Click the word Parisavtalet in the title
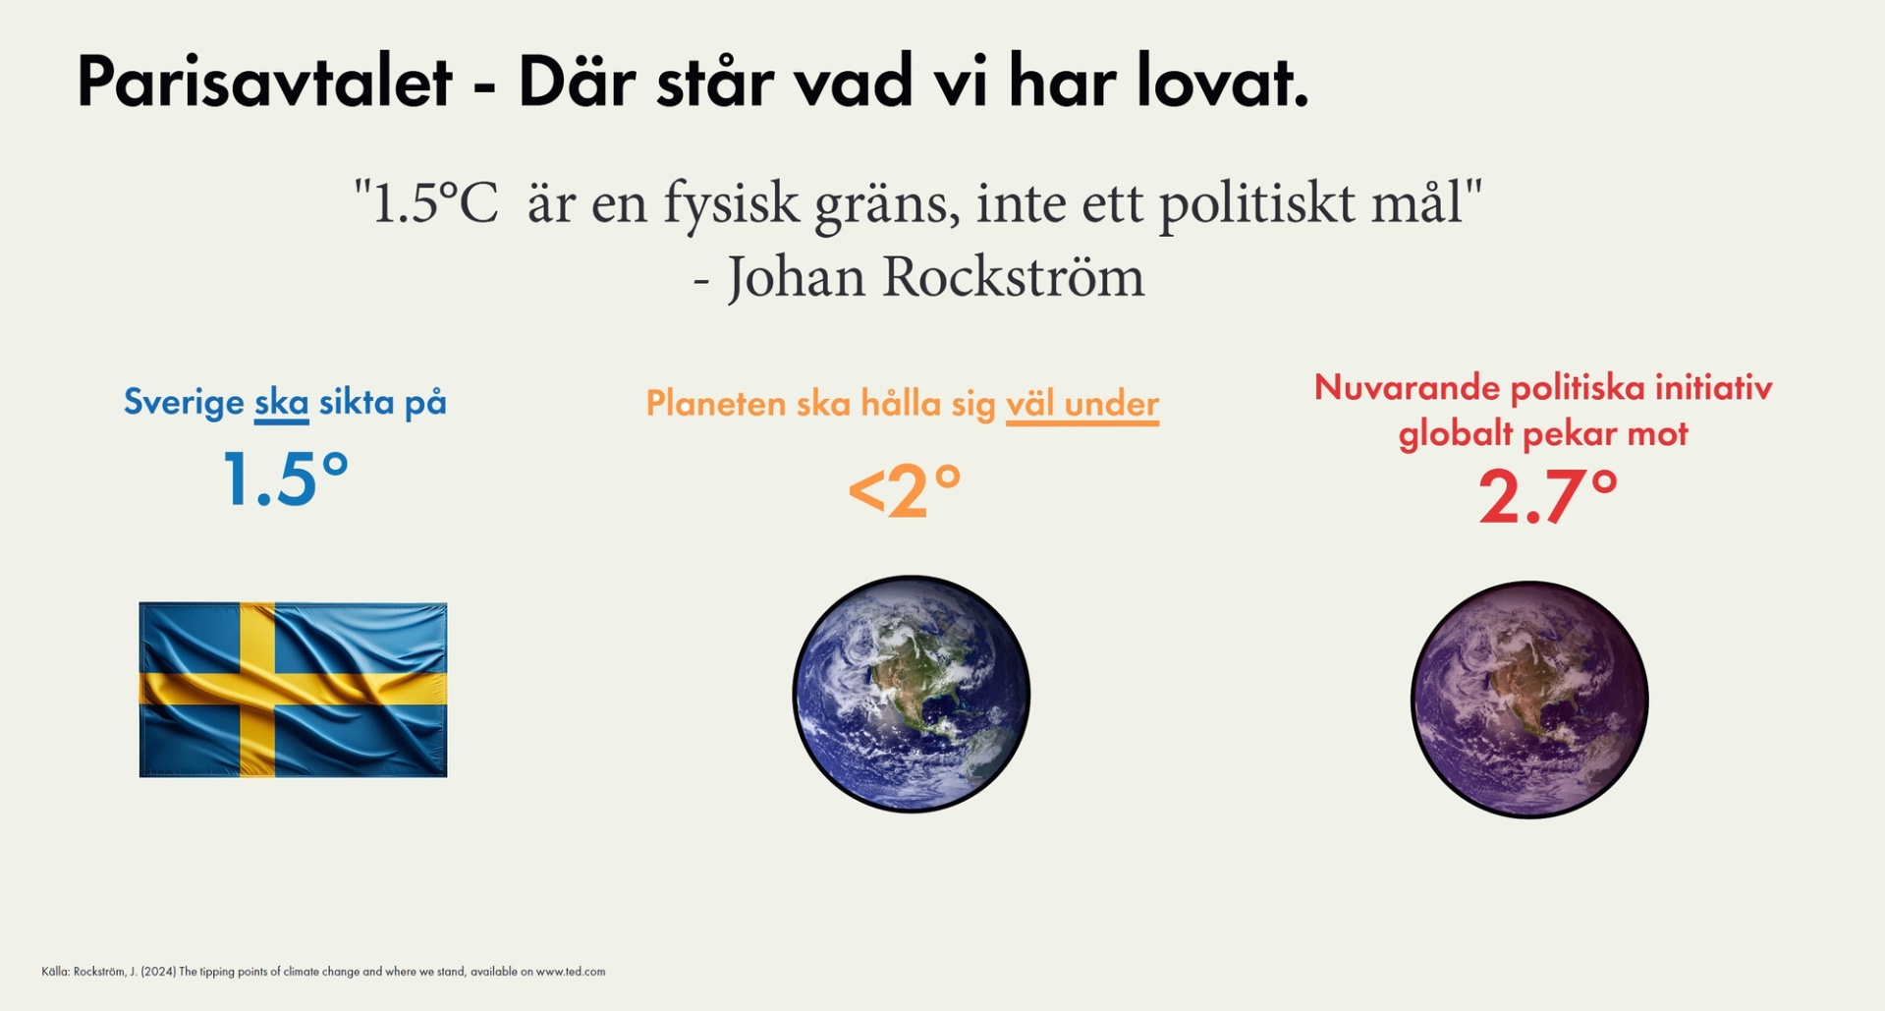[263, 82]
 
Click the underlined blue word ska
[281, 403]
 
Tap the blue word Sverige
[184, 403]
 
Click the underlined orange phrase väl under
[1081, 404]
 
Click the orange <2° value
[904, 491]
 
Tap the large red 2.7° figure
[1547, 496]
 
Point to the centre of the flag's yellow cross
[257, 688]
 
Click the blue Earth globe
[911, 694]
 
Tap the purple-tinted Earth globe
[1528, 700]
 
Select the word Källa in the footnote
[54, 972]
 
